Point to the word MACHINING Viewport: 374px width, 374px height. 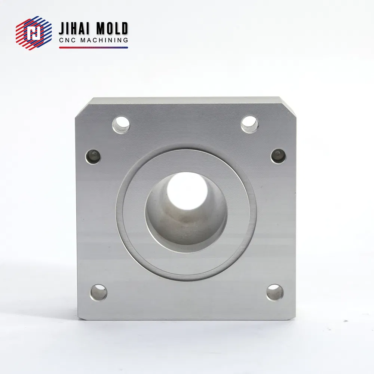[x=104, y=40]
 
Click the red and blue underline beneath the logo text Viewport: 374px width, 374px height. [x=93, y=47]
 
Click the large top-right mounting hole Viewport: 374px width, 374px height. [x=249, y=124]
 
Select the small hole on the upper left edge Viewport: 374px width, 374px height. [x=93, y=156]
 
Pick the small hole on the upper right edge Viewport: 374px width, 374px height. [x=278, y=156]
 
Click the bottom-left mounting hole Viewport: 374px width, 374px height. [x=98, y=292]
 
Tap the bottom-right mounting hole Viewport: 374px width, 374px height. [x=275, y=292]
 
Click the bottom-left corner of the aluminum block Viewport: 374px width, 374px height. [x=80, y=319]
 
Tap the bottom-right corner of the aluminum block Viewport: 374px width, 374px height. [x=294, y=319]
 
